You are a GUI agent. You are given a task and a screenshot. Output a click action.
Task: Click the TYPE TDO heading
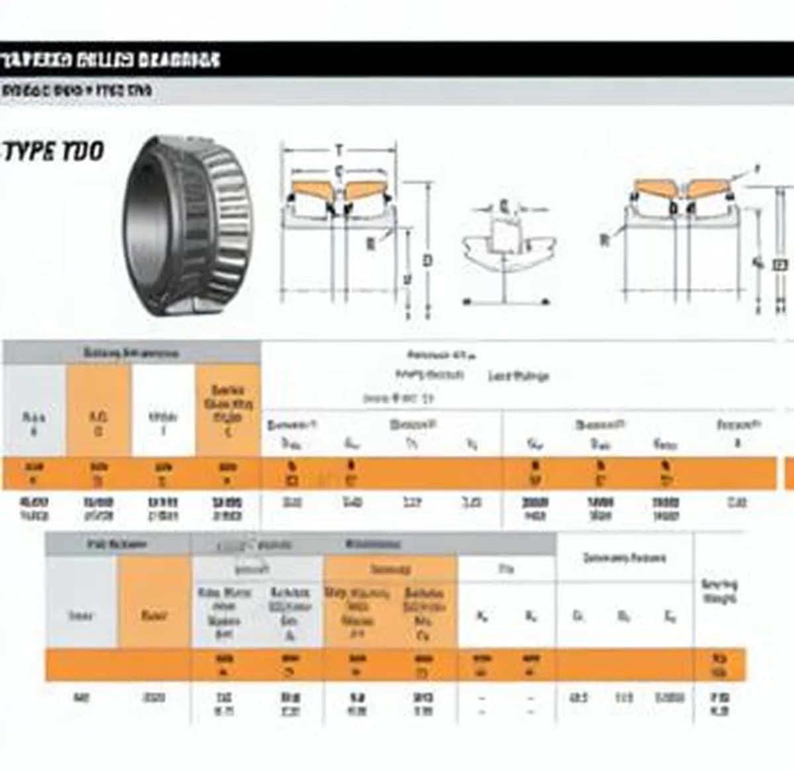point(54,152)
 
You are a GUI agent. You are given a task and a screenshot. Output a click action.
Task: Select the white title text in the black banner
point(110,60)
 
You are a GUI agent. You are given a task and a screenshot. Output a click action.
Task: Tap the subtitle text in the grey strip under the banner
point(77,91)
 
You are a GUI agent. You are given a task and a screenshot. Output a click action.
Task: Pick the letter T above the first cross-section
point(339,150)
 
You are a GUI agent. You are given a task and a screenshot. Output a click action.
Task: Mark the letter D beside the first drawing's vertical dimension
point(427,260)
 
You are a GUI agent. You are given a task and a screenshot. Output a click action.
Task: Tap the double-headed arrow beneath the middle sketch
point(506,302)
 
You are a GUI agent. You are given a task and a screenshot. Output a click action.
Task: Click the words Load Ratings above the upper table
point(519,377)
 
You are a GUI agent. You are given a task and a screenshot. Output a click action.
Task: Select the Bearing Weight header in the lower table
point(719,592)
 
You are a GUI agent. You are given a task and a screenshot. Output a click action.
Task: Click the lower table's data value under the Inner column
point(81,697)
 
